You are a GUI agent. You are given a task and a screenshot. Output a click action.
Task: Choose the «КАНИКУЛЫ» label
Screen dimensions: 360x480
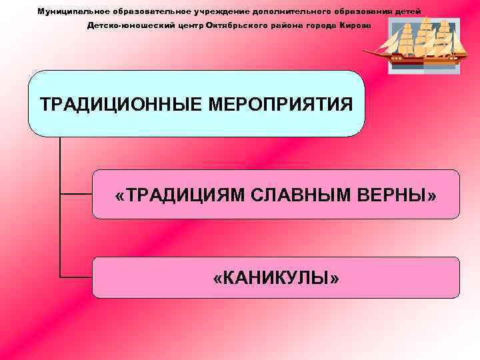click(276, 277)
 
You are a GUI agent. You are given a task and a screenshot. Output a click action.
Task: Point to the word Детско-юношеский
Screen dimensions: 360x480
click(127, 25)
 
